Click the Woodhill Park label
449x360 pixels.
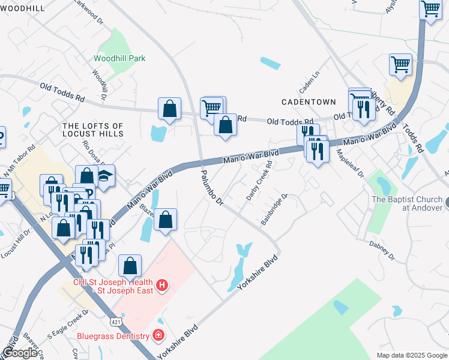pyautogui.click(x=119, y=59)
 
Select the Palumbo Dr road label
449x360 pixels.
pyautogui.click(x=212, y=188)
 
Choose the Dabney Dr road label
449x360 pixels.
pyautogui.click(x=382, y=249)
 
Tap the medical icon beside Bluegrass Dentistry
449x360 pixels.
pyautogui.click(x=158, y=335)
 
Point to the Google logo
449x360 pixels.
pyautogui.click(x=20, y=353)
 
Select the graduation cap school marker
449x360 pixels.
pyautogui.click(x=106, y=178)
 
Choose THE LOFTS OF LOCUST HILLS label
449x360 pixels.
pyautogui.click(x=93, y=130)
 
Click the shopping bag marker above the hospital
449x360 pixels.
pyautogui.click(x=130, y=266)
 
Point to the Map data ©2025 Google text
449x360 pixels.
pyautogui.click(x=411, y=355)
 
